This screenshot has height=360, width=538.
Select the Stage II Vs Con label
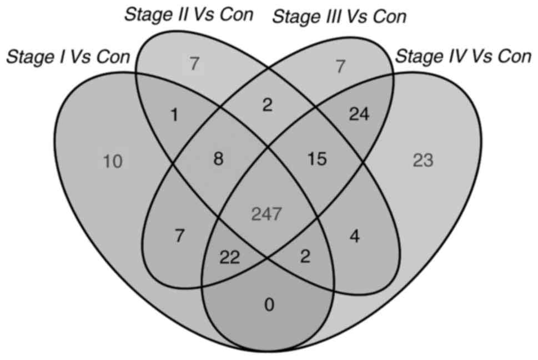click(x=188, y=14)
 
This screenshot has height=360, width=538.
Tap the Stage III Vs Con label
click(x=339, y=17)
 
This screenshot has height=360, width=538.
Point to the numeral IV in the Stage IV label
click(x=448, y=56)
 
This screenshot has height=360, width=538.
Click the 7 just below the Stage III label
click(x=341, y=67)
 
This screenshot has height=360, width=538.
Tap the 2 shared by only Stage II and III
click(x=268, y=104)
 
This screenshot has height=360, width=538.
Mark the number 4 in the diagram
click(x=354, y=238)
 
